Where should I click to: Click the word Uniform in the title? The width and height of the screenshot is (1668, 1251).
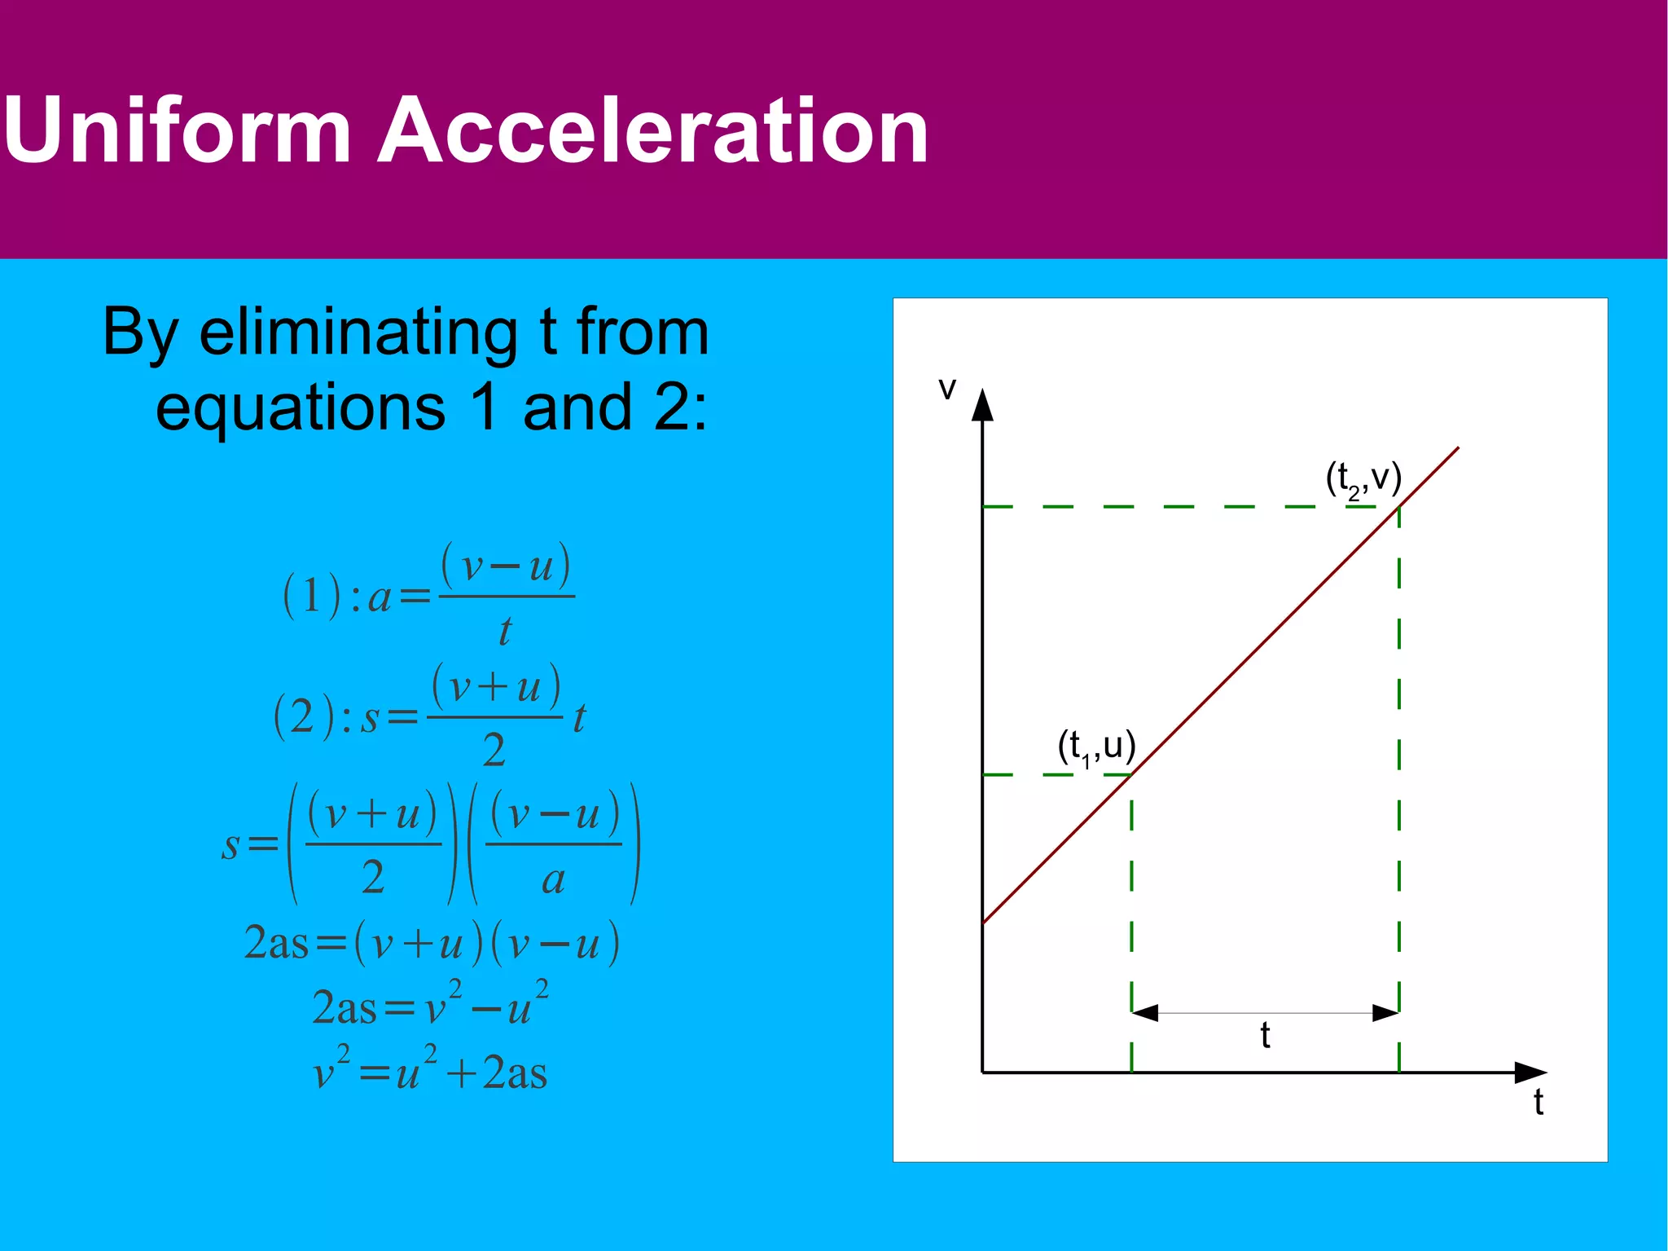(177, 130)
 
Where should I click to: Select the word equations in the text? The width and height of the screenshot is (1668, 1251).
(301, 407)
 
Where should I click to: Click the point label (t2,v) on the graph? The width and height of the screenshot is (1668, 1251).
(1363, 478)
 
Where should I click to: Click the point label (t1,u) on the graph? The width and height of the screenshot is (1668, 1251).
(1096, 747)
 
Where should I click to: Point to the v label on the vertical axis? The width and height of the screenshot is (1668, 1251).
(946, 389)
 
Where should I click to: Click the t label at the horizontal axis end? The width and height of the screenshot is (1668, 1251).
(1538, 1102)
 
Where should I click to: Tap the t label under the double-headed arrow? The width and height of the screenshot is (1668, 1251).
(1265, 1036)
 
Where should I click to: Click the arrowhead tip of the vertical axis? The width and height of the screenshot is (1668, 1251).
(983, 392)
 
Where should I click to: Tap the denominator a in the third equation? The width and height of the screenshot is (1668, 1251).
(553, 879)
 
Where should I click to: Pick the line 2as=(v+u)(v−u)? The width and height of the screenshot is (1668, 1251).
(432, 943)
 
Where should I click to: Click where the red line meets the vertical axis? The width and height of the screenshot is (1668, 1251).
(984, 923)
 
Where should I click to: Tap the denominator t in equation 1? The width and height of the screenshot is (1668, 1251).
(505, 631)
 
